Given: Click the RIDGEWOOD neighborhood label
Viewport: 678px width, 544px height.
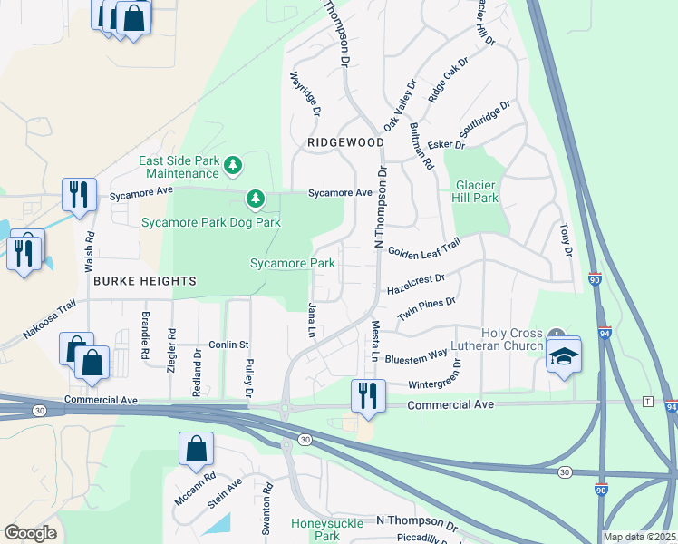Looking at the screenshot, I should pyautogui.click(x=333, y=143).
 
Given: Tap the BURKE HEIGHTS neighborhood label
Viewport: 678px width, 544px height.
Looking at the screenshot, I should pyautogui.click(x=144, y=282).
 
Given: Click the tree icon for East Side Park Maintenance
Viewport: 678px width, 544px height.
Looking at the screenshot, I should pyautogui.click(x=234, y=165).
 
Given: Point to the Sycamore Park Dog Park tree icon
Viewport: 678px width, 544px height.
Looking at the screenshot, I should pyautogui.click(x=256, y=198).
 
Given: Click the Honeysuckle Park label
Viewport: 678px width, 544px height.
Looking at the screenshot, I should pyautogui.click(x=326, y=530).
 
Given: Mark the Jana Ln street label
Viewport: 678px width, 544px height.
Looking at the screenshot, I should pyautogui.click(x=311, y=321).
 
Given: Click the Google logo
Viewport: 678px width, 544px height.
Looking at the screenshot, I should pyautogui.click(x=30, y=533).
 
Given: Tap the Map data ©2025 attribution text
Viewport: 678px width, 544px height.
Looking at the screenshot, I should pyautogui.click(x=639, y=537).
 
